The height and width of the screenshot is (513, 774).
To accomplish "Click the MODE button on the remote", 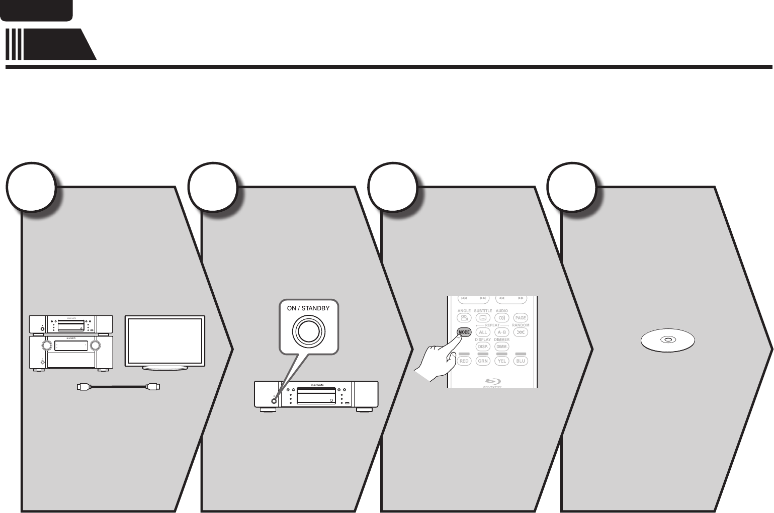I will (x=464, y=332).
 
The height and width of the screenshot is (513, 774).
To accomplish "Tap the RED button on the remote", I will (x=464, y=361).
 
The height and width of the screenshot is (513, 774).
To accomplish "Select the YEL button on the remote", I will (x=501, y=361).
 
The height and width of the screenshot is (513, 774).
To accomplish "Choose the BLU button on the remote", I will (x=521, y=361).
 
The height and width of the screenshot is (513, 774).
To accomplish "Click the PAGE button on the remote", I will (x=521, y=318).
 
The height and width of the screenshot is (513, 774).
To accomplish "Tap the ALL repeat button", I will (x=483, y=332).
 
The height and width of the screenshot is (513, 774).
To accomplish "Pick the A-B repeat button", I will (x=501, y=332).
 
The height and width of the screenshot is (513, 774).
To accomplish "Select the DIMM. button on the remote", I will (x=501, y=347).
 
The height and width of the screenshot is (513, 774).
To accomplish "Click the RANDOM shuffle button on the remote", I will (x=521, y=332).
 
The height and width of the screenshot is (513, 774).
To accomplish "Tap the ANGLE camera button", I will (x=464, y=318).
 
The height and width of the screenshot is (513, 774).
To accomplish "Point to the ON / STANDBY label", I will (x=308, y=308).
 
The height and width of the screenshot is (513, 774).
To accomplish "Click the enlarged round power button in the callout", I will (x=309, y=331).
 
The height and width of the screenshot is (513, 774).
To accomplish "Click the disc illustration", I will (x=667, y=340).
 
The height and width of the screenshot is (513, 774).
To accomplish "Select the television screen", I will (x=165, y=339).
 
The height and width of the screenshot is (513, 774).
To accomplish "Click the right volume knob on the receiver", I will (x=95, y=345).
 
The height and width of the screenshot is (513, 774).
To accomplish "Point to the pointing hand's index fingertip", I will (x=458, y=337).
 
